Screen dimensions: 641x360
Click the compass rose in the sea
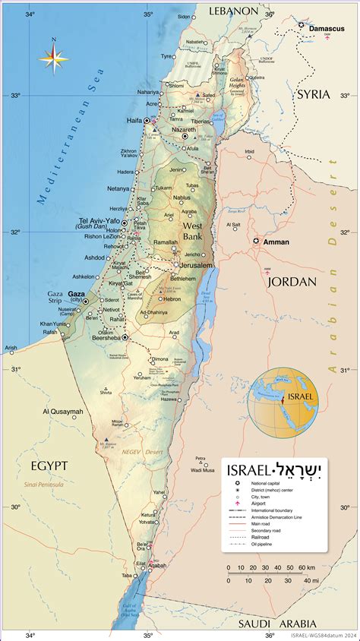[53, 57]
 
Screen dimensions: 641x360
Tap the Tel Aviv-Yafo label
[99, 221]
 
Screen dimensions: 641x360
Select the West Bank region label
[192, 232]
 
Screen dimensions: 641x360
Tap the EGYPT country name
[49, 465]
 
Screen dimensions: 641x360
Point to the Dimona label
[160, 358]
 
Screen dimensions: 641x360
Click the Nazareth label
[183, 130]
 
